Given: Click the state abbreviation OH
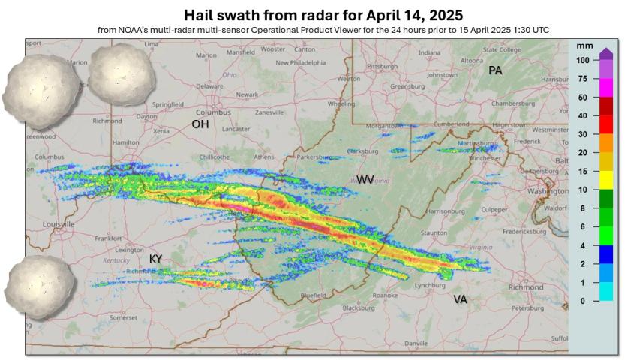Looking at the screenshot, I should (x=200, y=124).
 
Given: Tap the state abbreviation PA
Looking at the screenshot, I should (x=495, y=70).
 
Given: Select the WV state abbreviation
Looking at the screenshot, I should (x=365, y=180).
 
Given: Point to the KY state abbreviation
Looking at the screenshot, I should (x=156, y=259).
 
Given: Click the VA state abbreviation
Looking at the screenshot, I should (x=461, y=299).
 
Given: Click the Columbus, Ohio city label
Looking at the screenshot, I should (x=214, y=112).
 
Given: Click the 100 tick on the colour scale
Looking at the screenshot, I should (x=582, y=59).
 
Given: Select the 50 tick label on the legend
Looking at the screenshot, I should (x=582, y=97).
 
